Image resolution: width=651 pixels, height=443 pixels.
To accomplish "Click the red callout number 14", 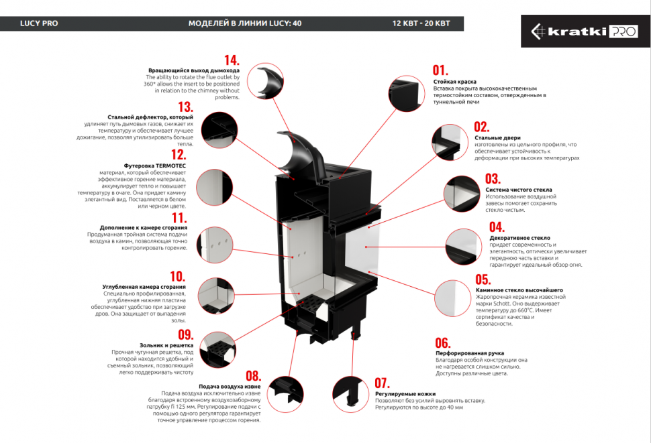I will click(232, 60).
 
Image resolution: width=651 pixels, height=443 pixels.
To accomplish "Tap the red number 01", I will click(440, 70).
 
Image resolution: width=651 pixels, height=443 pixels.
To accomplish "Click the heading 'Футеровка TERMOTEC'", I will click(155, 165).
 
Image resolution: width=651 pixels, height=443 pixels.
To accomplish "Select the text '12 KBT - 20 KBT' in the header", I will click(421, 23).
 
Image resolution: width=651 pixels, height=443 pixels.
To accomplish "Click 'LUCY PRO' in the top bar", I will click(39, 23).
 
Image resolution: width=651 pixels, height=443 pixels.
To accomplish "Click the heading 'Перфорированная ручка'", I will click(470, 353).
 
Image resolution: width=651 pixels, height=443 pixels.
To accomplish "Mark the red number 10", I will click(177, 276).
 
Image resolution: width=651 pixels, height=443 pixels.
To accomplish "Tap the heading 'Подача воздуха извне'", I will click(230, 387).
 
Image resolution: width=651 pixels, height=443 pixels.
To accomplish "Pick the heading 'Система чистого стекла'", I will click(519, 190).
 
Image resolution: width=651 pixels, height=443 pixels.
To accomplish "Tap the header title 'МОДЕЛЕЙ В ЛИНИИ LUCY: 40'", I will click(244, 23).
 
